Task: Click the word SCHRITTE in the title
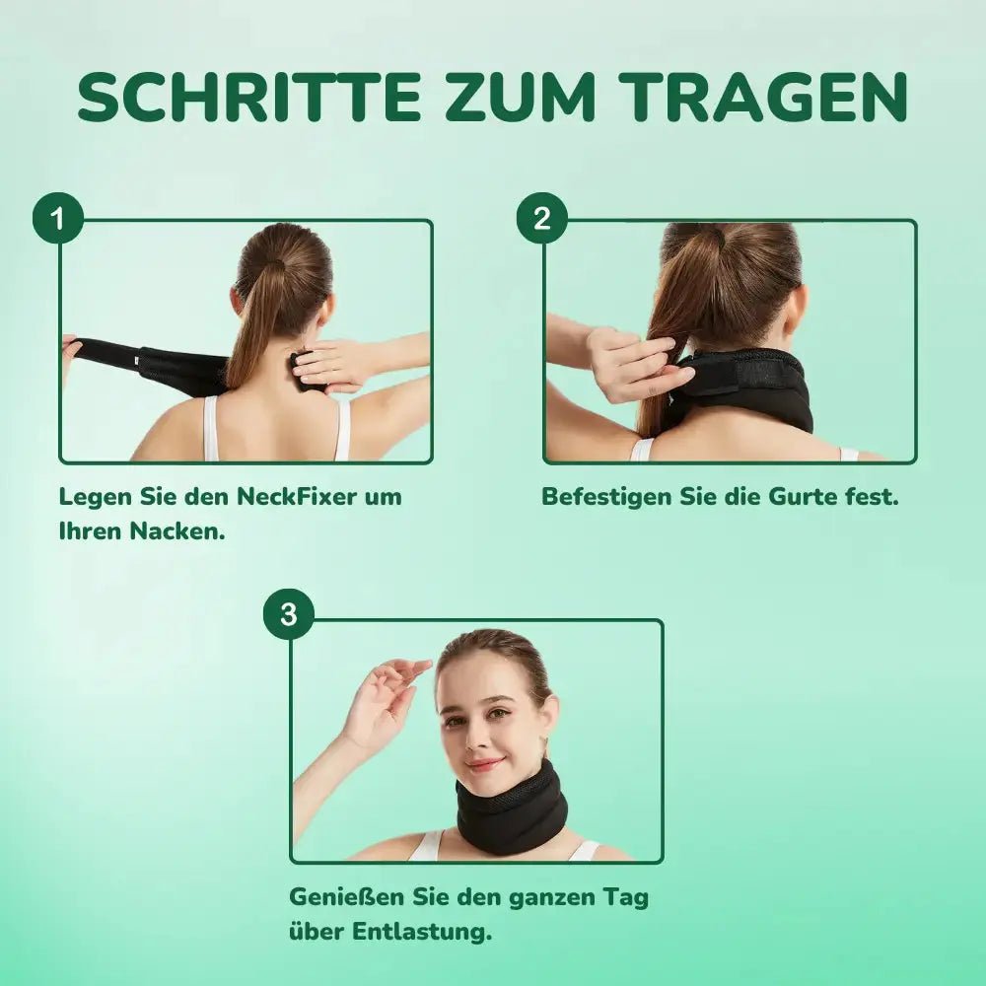coord(249,97)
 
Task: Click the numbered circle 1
coord(58,218)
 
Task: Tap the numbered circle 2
coord(542,218)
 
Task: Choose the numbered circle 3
coord(289,614)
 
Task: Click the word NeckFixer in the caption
coord(295,497)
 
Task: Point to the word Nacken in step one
coord(177,532)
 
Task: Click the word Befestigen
coord(606,498)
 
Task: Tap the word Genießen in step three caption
coord(346,897)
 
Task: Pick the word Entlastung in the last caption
coord(422,933)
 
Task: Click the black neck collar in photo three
coord(511,810)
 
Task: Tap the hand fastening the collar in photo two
coord(635,365)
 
